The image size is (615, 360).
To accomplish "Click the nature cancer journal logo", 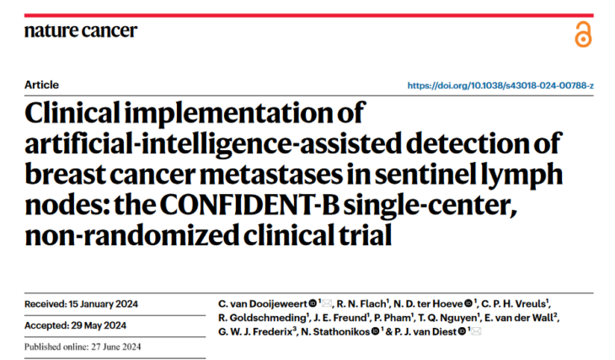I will click(80, 32).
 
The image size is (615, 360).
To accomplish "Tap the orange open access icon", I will click(583, 35).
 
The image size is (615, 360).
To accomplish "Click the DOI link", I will click(500, 86).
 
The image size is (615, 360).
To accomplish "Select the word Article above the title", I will click(42, 85).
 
